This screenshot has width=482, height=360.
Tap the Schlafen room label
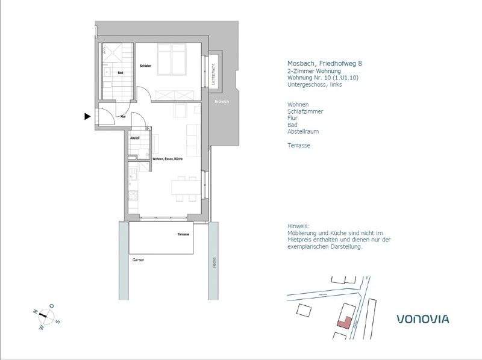tap(145, 66)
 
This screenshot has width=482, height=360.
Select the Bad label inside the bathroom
tap(120, 73)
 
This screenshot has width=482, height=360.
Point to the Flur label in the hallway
tap(123, 116)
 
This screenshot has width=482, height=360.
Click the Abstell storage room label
tap(135, 138)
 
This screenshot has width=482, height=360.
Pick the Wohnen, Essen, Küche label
tap(167, 158)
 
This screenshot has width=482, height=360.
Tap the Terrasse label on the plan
tap(184, 234)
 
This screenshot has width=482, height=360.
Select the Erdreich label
tap(222, 102)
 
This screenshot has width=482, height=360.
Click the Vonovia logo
tap(422, 318)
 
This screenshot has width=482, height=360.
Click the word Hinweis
tap(298, 226)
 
